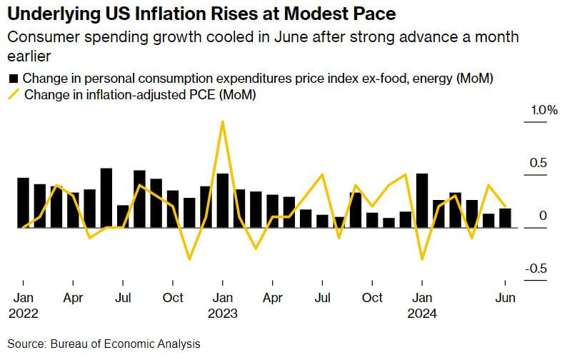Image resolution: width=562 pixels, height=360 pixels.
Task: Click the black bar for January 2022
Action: tap(23, 203)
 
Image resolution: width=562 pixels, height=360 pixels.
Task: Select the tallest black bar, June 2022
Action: tap(106, 198)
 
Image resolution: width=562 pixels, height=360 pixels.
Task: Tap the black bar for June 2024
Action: tap(505, 218)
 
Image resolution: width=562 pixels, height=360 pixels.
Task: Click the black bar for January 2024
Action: tap(422, 201)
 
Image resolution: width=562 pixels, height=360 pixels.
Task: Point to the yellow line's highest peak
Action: tap(223, 121)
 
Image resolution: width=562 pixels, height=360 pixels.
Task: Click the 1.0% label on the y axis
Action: tap(543, 111)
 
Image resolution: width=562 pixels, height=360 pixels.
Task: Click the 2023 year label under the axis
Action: tap(222, 313)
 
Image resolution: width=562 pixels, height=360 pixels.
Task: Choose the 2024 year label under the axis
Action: tap(421, 313)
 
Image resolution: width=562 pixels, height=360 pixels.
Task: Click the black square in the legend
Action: tap(14, 78)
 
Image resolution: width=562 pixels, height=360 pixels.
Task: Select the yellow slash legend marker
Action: tap(14, 94)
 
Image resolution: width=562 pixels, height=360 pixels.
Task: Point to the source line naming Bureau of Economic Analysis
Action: tap(104, 344)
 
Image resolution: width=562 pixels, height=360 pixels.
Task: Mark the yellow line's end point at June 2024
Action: tap(505, 206)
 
